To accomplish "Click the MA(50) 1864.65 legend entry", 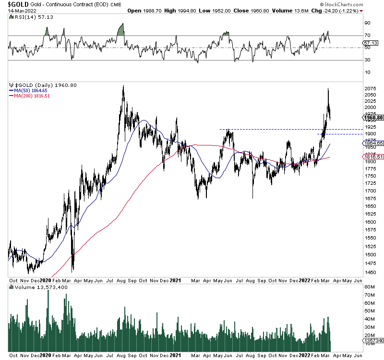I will click(30, 90).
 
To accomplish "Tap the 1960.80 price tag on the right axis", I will click(372, 118).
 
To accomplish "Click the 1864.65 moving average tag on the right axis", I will click(372, 143).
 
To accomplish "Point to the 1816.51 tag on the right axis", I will click(372, 156).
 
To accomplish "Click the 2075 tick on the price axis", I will click(370, 89).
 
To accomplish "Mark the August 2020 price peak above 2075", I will click(123, 86).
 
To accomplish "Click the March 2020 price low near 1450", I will click(72, 271).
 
